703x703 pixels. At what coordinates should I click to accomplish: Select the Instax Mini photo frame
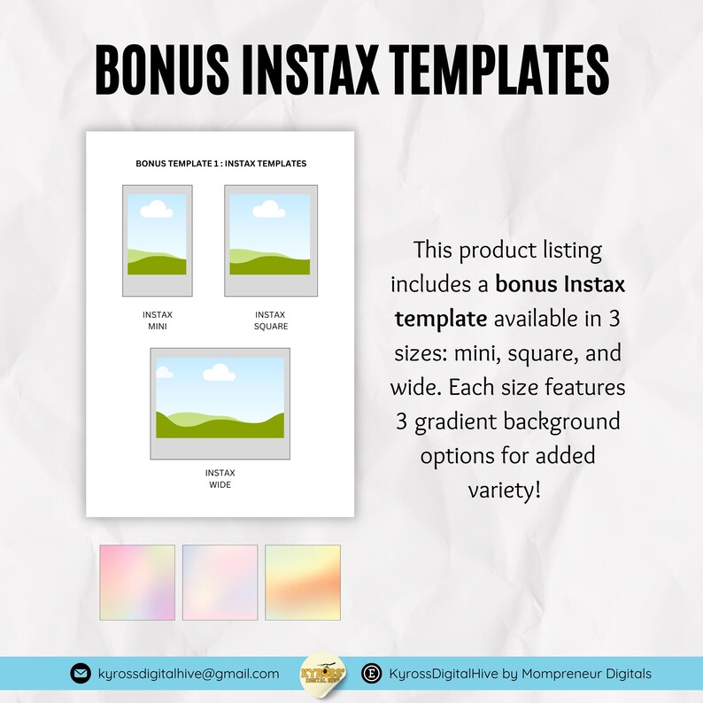click(x=157, y=241)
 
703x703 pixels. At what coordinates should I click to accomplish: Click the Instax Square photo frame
click(x=270, y=241)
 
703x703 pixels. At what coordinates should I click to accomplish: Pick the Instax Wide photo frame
click(x=220, y=404)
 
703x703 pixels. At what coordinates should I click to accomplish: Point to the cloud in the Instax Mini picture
click(x=156, y=209)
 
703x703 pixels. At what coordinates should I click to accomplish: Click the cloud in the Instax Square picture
click(x=268, y=209)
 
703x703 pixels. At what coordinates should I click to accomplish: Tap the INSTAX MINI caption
click(x=157, y=321)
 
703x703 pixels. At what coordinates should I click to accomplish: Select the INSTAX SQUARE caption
click(x=270, y=321)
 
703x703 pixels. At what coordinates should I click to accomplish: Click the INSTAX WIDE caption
click(x=220, y=479)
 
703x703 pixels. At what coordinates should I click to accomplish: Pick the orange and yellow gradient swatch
click(x=302, y=583)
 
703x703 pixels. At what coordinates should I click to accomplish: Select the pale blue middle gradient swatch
click(x=220, y=583)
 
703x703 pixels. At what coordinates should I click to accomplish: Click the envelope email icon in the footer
click(x=81, y=674)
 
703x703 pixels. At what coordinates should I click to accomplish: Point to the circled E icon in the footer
click(x=373, y=674)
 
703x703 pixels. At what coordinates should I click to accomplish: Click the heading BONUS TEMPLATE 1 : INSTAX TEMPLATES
click(x=220, y=164)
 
